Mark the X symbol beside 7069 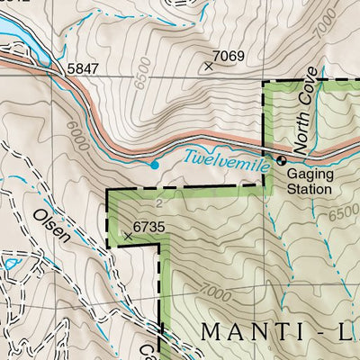210,65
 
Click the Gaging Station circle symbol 281,160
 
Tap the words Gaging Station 310,183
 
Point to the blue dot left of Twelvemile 155,165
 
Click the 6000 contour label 75,136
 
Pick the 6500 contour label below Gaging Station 343,217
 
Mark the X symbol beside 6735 127,237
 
